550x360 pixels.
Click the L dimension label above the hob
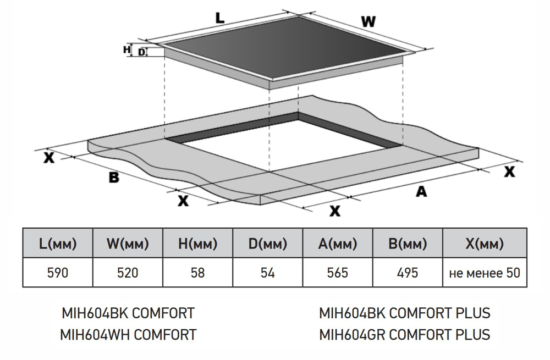[x=220, y=18]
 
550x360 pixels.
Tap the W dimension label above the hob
[x=368, y=22]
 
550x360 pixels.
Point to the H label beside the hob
[x=127, y=49]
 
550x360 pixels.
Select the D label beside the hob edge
[x=141, y=52]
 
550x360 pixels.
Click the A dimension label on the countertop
[x=421, y=191]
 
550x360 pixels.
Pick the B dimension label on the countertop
[x=114, y=178]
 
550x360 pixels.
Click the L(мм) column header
[x=57, y=243]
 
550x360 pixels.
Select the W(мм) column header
[x=128, y=243]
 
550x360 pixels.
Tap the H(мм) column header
[x=197, y=243]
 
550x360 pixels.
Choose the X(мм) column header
[x=484, y=243]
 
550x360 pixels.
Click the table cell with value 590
[x=57, y=273]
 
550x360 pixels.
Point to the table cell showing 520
[x=128, y=273]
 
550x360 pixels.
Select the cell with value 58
[x=197, y=273]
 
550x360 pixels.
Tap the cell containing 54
[x=268, y=273]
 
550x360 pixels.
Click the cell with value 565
[x=338, y=273]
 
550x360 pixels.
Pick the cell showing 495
[x=408, y=273]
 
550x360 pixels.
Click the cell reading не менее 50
[x=484, y=273]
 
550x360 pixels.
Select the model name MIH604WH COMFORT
[x=128, y=334]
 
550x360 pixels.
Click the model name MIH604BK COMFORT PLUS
[x=404, y=313]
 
